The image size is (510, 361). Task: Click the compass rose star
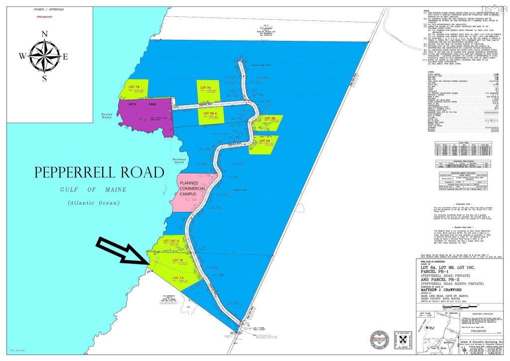tap(44, 55)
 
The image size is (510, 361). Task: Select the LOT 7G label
tap(206, 87)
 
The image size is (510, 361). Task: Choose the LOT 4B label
tap(269, 118)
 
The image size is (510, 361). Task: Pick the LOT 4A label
tap(264, 141)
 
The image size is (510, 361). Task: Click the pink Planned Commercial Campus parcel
tap(192, 191)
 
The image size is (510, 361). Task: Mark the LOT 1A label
tap(178, 278)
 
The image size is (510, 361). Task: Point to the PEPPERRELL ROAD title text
tap(99, 173)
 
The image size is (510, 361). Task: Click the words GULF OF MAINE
tap(94, 190)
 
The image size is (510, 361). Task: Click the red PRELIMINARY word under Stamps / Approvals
tap(44, 16)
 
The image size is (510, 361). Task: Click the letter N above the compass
tap(44, 34)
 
